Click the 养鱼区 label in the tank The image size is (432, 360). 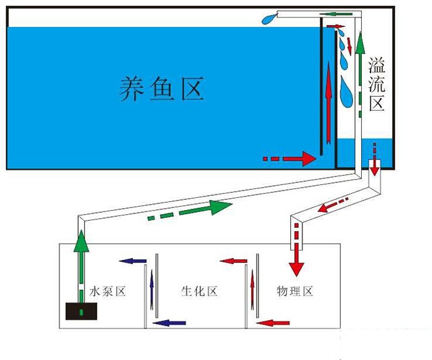[x=161, y=88]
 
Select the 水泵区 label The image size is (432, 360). [x=107, y=292]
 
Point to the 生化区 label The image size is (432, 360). [x=199, y=292]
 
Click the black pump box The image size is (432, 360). [x=81, y=311]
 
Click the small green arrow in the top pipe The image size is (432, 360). [x=330, y=13]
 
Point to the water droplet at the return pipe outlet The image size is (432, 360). [x=270, y=19]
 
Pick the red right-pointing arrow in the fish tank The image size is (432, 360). [x=297, y=159]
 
